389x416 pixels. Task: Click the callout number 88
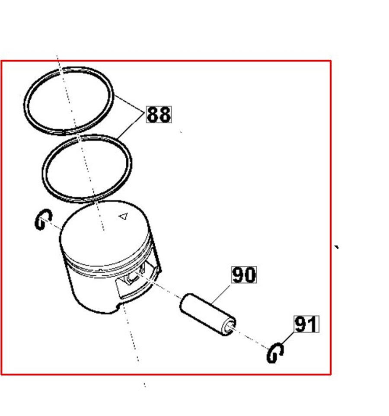pos(159,114)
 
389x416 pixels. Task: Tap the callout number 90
pos(244,275)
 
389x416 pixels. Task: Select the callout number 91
pos(306,324)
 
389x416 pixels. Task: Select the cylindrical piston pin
pos(207,314)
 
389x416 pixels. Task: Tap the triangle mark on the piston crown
pos(123,216)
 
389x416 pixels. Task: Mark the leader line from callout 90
pos(221,295)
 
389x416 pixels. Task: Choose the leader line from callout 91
pos(287,338)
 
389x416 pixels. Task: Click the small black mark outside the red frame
pos(337,247)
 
